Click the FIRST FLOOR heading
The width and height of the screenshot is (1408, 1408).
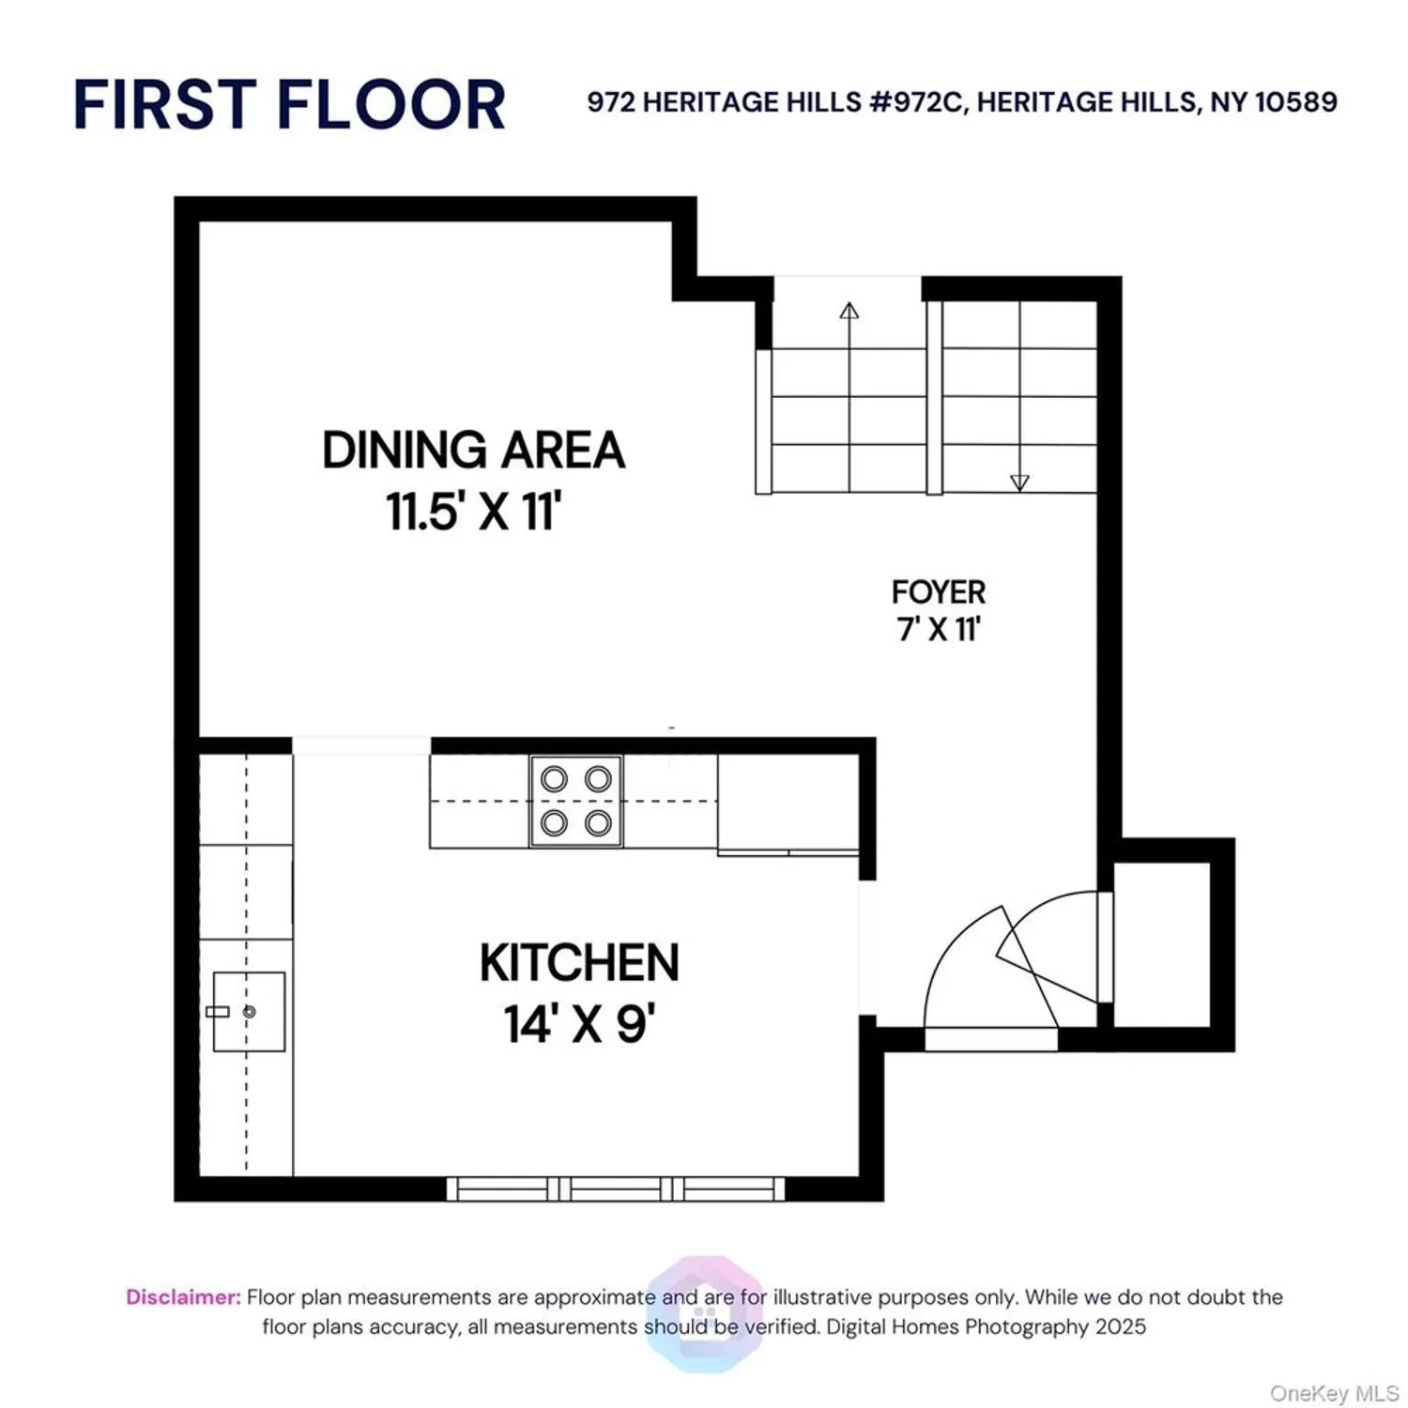coord(289,104)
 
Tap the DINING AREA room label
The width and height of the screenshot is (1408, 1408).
coord(473,450)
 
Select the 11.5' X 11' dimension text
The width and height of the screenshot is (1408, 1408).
coord(473,512)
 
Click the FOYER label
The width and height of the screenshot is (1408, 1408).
coord(938,592)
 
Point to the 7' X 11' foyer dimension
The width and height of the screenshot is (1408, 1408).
coord(938,628)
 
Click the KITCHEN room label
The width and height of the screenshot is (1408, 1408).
coord(579,963)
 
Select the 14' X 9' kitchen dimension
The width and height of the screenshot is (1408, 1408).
coord(579,1023)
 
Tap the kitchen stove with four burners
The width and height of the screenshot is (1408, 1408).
coord(575,801)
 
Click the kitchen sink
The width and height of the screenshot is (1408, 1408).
coord(249,1011)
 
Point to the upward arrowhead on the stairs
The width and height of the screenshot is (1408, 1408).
coord(849,311)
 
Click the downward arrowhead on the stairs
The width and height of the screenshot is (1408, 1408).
coord(1019,482)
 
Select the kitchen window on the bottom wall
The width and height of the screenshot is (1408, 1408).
coord(616,1188)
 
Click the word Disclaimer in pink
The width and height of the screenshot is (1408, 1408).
coord(183,1297)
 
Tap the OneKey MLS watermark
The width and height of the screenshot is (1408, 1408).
coord(1333,1393)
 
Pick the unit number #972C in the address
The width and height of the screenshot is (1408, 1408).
coord(918,102)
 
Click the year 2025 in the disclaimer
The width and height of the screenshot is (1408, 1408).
coord(1120,1326)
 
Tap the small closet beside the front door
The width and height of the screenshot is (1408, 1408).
coord(1161,943)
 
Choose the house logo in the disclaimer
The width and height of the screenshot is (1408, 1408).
coord(705,1312)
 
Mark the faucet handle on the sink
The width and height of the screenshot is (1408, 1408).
coord(218,1011)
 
